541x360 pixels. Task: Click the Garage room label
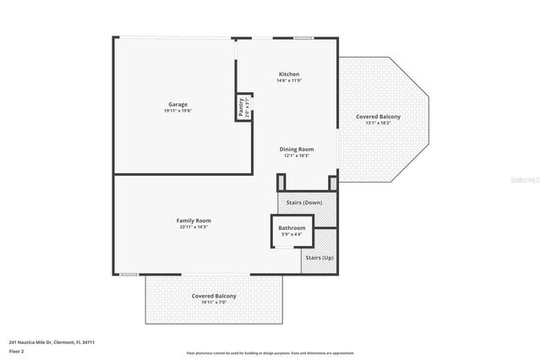click(177, 104)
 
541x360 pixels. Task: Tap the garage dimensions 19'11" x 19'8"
click(177, 111)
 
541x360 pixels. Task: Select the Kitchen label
click(289, 74)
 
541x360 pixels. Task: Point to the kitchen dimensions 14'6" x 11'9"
click(289, 81)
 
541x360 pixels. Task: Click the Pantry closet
click(243, 106)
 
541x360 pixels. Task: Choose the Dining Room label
click(296, 149)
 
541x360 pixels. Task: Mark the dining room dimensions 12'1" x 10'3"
click(296, 155)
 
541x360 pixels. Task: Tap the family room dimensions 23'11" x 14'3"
click(194, 226)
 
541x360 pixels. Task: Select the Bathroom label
click(292, 228)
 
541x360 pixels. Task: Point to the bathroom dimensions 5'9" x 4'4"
click(292, 235)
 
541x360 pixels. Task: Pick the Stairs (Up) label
click(319, 257)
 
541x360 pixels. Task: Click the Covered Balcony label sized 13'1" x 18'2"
click(378, 116)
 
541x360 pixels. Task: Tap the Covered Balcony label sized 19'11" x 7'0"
click(213, 296)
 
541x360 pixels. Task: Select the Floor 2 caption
click(18, 351)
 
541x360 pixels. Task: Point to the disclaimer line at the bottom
click(270, 353)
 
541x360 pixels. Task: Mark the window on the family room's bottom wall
click(128, 274)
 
